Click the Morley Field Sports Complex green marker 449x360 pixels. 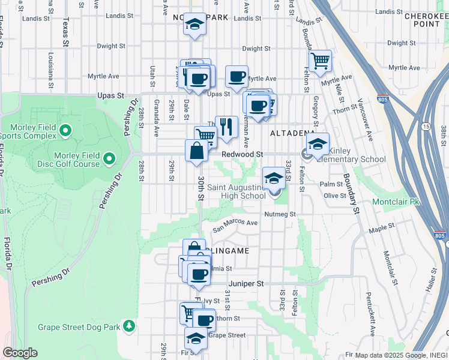(65, 130)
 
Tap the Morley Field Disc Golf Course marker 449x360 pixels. (109, 159)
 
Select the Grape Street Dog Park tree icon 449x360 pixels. (128, 326)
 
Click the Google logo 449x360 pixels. (20, 353)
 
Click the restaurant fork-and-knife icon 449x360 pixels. (226, 127)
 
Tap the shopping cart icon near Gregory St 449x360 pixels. (320, 60)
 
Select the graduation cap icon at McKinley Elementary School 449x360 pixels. (318, 143)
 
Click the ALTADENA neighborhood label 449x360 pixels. (292, 132)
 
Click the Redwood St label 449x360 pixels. (243, 154)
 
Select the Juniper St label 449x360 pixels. (246, 283)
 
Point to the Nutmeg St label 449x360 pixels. (280, 214)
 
